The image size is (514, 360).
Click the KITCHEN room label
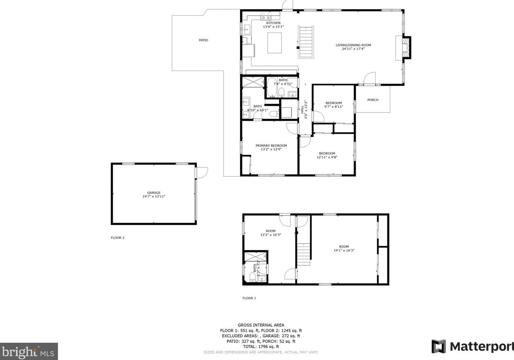(x=273, y=23)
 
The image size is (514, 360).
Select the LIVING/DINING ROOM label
(x=353, y=45)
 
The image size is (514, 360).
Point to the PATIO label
(x=204, y=40)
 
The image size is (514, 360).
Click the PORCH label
(x=373, y=100)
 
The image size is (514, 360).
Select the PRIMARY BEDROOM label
(x=271, y=145)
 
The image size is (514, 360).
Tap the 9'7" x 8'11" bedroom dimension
(x=334, y=107)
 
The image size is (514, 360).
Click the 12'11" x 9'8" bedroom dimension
(x=327, y=157)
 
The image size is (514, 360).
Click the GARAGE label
(x=154, y=193)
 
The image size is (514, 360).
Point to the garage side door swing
(x=202, y=172)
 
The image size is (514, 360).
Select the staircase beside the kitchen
(x=306, y=42)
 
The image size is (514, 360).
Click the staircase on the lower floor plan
(x=303, y=254)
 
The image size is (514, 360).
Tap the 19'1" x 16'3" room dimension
(x=344, y=251)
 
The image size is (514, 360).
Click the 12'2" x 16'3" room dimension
(x=271, y=235)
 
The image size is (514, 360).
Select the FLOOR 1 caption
(x=249, y=298)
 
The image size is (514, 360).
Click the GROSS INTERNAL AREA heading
(x=261, y=325)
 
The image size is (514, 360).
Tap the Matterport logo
(x=472, y=346)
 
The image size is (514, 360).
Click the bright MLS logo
(x=29, y=352)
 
